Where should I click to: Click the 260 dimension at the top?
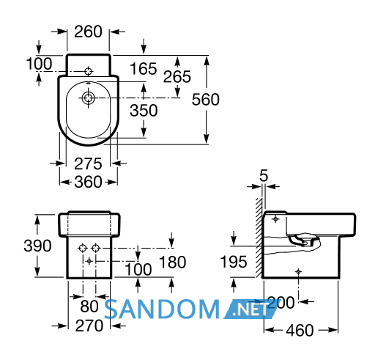[x=88, y=32]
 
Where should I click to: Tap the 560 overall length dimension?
[x=206, y=100]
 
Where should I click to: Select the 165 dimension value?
[x=144, y=68]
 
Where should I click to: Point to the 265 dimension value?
[x=177, y=76]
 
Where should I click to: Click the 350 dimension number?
[x=144, y=110]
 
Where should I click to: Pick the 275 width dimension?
[x=88, y=164]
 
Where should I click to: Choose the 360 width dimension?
[x=88, y=182]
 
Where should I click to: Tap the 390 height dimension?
[x=37, y=246]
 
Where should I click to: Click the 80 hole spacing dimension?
[x=89, y=306]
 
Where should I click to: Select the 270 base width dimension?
[x=89, y=326]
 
